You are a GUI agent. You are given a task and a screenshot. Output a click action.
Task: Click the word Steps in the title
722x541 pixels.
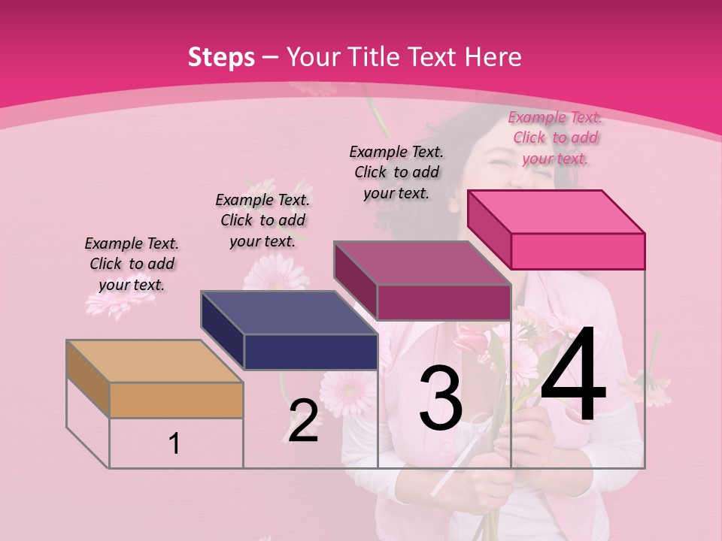tap(221, 57)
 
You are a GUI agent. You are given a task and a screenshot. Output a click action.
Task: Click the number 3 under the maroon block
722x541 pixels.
tap(441, 398)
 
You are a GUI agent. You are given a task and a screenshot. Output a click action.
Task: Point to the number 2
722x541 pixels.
tap(303, 421)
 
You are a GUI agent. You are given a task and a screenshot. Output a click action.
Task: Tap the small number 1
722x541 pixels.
tap(174, 443)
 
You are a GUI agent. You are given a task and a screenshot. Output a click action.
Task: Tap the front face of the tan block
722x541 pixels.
tap(176, 400)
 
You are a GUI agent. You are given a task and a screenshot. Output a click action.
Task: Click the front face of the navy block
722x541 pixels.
tap(311, 352)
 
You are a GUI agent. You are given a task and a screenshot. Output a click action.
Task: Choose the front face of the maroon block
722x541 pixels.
tap(444, 302)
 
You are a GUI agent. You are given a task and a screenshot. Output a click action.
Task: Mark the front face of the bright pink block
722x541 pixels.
tap(578, 251)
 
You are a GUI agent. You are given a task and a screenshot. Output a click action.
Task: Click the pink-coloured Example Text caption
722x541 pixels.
tap(555, 138)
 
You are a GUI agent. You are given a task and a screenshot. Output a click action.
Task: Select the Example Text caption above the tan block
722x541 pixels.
tap(132, 264)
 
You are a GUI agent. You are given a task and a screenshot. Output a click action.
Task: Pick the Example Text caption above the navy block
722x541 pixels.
tap(262, 220)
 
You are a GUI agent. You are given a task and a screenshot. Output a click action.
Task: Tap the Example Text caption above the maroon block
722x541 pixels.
tap(396, 172)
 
